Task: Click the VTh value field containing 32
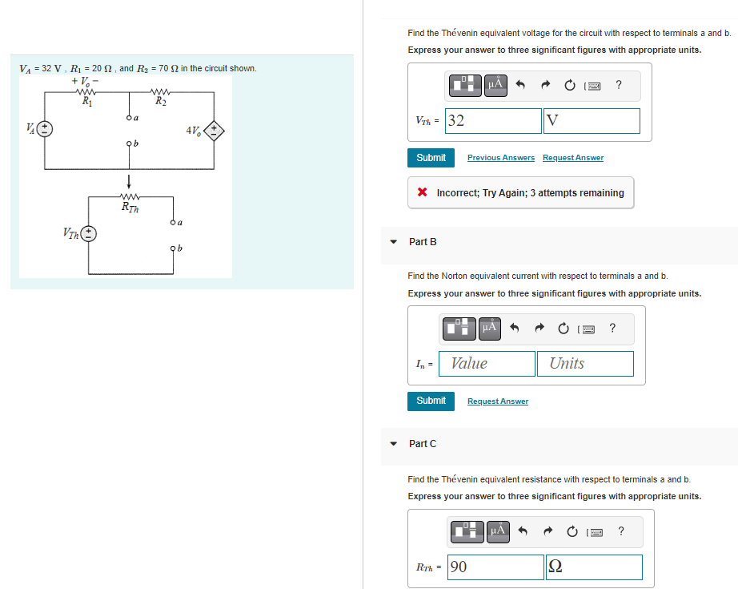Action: click(x=493, y=121)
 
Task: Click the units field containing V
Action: click(x=592, y=121)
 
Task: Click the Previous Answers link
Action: click(x=500, y=158)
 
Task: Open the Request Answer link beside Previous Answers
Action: click(x=572, y=158)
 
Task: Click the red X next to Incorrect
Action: click(x=422, y=193)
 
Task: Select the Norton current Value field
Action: click(x=487, y=364)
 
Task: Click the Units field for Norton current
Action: click(x=584, y=364)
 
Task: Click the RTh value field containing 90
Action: click(x=495, y=567)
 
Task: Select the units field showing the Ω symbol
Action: click(x=593, y=567)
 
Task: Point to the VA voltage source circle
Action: click(x=45, y=129)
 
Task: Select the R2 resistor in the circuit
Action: click(x=162, y=94)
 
